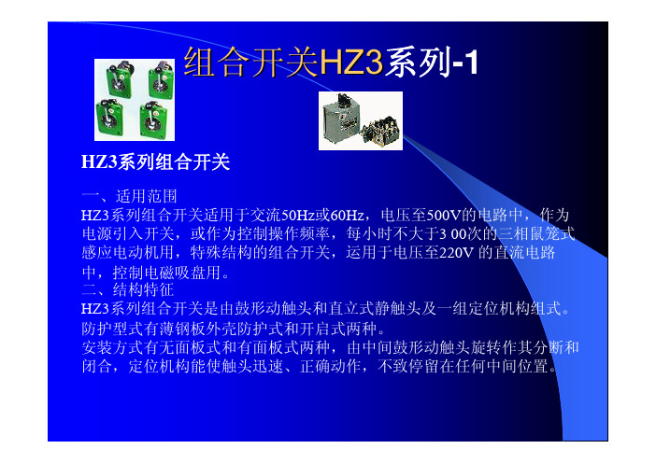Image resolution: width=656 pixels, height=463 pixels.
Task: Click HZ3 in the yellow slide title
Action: coord(351,63)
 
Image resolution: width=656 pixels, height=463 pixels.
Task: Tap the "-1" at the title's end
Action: coord(465,63)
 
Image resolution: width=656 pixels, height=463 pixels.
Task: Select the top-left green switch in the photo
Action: coord(120,78)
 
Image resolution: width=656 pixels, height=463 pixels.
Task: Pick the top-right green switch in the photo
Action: coord(161,79)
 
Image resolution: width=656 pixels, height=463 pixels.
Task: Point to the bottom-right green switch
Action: coord(153,119)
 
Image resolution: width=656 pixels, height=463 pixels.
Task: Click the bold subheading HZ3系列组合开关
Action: coord(156,162)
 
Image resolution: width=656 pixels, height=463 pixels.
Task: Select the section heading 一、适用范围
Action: coord(129,196)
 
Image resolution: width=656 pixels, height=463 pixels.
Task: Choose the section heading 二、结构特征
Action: coord(128,289)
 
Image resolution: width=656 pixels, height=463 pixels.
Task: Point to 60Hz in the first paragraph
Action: coord(348,216)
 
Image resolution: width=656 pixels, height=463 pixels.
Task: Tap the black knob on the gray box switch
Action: coord(344,100)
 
